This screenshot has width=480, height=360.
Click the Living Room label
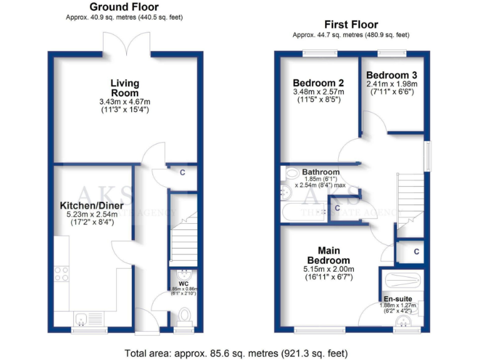point(124,88)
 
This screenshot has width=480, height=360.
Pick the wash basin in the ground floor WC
point(184,275)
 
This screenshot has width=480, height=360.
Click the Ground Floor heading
point(124,7)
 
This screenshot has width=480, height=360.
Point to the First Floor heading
point(351,25)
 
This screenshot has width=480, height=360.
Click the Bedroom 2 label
point(319,82)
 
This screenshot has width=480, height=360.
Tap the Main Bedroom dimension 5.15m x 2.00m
point(328,270)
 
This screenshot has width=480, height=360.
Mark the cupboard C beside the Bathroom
point(337,207)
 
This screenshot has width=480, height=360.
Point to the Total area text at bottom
point(236,351)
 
